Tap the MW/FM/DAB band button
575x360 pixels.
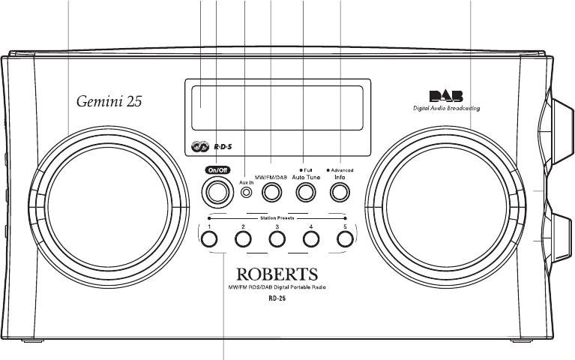pyautogui.click(x=271, y=193)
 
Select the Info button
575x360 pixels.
pyautogui.click(x=340, y=193)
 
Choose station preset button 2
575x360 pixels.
pyautogui.click(x=243, y=239)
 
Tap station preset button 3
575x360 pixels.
pyautogui.click(x=277, y=239)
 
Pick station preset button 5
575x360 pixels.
pyautogui.click(x=344, y=239)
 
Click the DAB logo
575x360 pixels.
pyautogui.click(x=445, y=96)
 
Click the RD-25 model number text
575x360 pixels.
pyautogui.click(x=278, y=298)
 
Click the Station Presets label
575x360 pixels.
pyautogui.click(x=277, y=218)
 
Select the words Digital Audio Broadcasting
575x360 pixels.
pyautogui.click(x=447, y=108)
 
